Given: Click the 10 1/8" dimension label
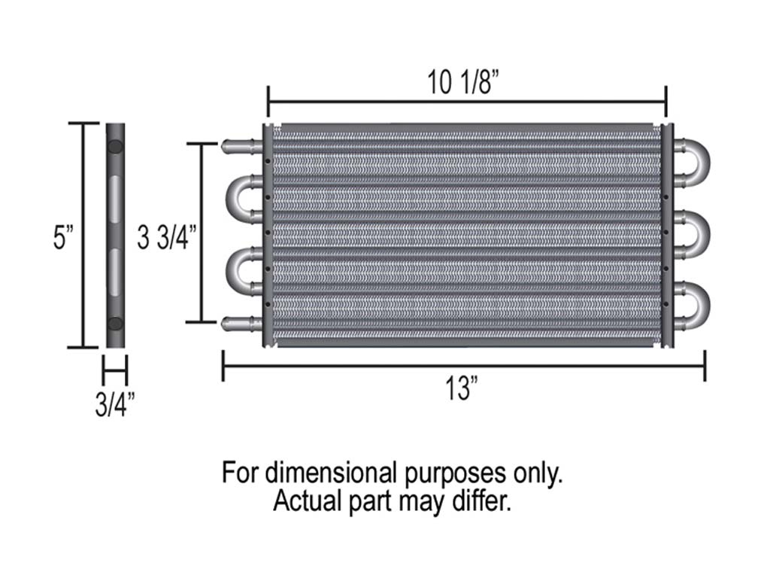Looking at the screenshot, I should tap(464, 83).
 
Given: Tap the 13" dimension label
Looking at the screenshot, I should tap(461, 391).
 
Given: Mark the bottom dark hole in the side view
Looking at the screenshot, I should tap(115, 324).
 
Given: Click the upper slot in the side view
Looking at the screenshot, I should tap(115, 198).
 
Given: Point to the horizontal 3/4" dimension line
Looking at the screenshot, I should tap(115, 370).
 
